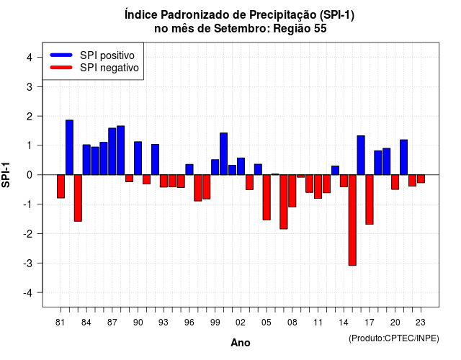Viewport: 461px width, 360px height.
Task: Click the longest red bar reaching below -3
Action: pos(352,220)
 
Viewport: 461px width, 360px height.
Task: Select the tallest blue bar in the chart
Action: pos(69,147)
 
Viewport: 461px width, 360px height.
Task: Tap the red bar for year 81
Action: pos(61,186)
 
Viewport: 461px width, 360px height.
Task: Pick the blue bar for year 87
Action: pos(112,151)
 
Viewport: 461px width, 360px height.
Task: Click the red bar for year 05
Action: pos(267,197)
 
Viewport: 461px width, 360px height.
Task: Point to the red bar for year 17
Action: pos(370,199)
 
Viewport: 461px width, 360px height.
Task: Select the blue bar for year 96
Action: pos(189,170)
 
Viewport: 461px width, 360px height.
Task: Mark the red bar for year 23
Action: pos(421,179)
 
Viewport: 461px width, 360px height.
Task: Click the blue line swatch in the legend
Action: pos(61,55)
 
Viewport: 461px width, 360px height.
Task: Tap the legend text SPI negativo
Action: pos(109,68)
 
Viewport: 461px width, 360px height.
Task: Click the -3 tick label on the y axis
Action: pos(27,264)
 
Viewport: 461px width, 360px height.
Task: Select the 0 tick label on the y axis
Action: pos(30,175)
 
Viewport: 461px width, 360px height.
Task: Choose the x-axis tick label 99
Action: pos(215,323)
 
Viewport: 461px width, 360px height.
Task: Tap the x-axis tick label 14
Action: pos(344,323)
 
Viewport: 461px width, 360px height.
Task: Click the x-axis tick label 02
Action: pos(241,323)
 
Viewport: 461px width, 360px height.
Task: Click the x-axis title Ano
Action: pos(241,343)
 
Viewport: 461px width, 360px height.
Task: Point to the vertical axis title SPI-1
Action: pos(6,175)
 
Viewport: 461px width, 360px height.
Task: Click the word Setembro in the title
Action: pos(241,29)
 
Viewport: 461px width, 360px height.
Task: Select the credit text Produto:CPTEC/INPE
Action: pos(394,338)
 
